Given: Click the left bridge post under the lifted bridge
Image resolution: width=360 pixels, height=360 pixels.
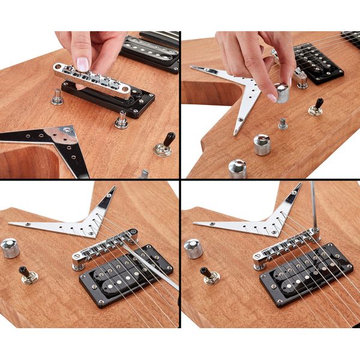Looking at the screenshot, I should tap(58, 96).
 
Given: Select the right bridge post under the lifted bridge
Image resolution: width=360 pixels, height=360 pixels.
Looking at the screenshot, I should tap(122, 120).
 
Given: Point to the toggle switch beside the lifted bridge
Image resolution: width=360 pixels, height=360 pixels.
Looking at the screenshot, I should tap(165, 145).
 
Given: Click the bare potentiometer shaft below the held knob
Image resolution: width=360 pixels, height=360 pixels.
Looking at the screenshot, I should tap(283, 124).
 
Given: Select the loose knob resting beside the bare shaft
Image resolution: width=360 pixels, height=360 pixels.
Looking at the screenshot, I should tap(262, 144).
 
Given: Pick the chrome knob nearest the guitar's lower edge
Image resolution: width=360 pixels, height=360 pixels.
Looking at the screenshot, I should tap(238, 168).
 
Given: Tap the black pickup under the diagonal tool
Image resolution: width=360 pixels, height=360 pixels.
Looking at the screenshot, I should tap(126, 275).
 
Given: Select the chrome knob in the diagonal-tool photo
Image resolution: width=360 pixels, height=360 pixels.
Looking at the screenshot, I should tap(10, 248).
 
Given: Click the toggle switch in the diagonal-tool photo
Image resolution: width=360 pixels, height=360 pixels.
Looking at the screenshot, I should tap(27, 274).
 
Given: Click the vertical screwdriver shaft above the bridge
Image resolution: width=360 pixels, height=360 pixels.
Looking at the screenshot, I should tap(314, 207).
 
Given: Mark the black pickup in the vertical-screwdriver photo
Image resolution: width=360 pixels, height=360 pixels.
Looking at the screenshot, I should tap(306, 275).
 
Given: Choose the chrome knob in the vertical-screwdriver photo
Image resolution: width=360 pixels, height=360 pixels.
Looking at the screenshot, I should tap(193, 248).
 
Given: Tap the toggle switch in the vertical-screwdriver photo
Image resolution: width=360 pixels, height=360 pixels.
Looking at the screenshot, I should tap(209, 275).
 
